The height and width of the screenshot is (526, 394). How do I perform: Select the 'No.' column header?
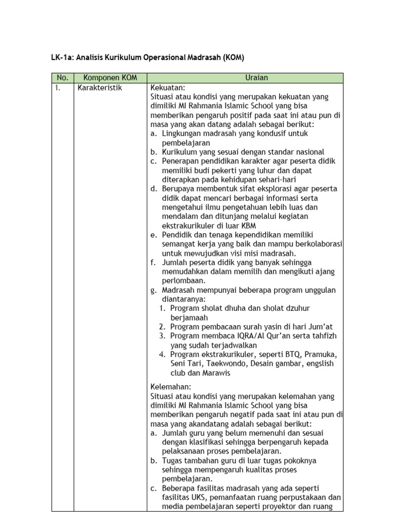62,78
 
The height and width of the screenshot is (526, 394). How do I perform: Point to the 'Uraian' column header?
245,78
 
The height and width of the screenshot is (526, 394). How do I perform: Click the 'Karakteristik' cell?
100,88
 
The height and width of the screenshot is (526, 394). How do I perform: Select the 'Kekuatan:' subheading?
167,88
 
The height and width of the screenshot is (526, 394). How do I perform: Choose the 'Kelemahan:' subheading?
170,386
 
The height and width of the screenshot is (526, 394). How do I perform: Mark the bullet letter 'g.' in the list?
153,290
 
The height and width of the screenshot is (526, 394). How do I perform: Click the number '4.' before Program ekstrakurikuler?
162,354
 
